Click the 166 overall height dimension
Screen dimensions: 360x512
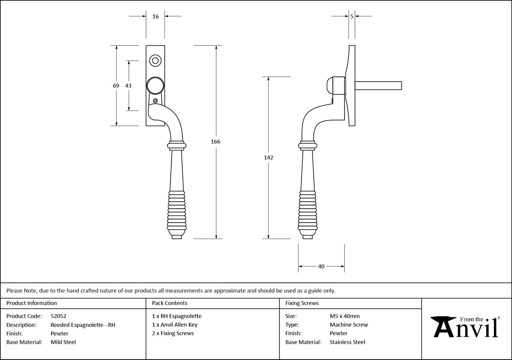(216, 142)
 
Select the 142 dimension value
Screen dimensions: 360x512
(269, 158)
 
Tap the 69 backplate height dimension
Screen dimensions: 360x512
(116, 86)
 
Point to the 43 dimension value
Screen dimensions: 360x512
(128, 86)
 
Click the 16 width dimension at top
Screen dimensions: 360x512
(156, 16)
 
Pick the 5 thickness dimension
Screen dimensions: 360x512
(352, 16)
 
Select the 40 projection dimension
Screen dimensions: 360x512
(321, 266)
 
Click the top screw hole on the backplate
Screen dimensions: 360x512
(155, 61)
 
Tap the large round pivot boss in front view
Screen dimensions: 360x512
(155, 86)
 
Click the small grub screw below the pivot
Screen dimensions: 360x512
(156, 101)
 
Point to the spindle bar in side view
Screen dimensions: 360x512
(378, 86)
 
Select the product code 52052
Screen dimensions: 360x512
(59, 316)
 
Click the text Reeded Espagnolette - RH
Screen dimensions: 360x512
(83, 325)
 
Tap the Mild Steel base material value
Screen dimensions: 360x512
(63, 342)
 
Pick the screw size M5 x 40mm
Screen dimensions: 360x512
(345, 316)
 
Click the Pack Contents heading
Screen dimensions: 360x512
(170, 303)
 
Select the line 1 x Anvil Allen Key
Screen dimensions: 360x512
(175, 325)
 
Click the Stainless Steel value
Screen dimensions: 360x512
(348, 342)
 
